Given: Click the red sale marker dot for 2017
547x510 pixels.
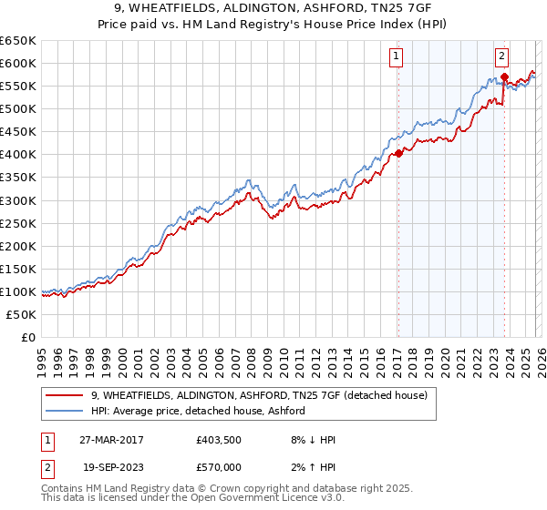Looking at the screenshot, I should pos(398,153).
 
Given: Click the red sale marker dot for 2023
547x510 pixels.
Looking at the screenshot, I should pos(504,76).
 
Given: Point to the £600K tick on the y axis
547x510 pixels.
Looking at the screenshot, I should pos(18,63).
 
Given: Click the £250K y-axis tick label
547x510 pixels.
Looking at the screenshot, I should pos(18,223).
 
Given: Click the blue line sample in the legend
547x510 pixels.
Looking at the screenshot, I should pos(64,412).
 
